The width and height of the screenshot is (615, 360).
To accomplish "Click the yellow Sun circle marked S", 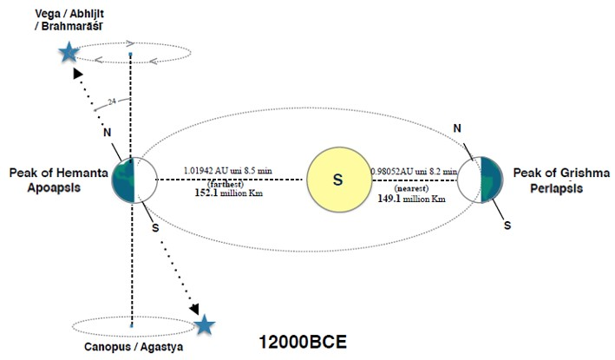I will point(338,180).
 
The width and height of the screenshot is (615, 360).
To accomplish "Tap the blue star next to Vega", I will point(68,53).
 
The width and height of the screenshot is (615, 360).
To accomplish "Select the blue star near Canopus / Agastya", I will point(204,325).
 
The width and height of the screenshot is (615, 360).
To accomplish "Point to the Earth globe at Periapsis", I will point(479,180).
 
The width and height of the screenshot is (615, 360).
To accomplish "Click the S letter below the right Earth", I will point(508,225).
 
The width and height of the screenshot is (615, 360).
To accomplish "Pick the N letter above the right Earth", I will point(457,129).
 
